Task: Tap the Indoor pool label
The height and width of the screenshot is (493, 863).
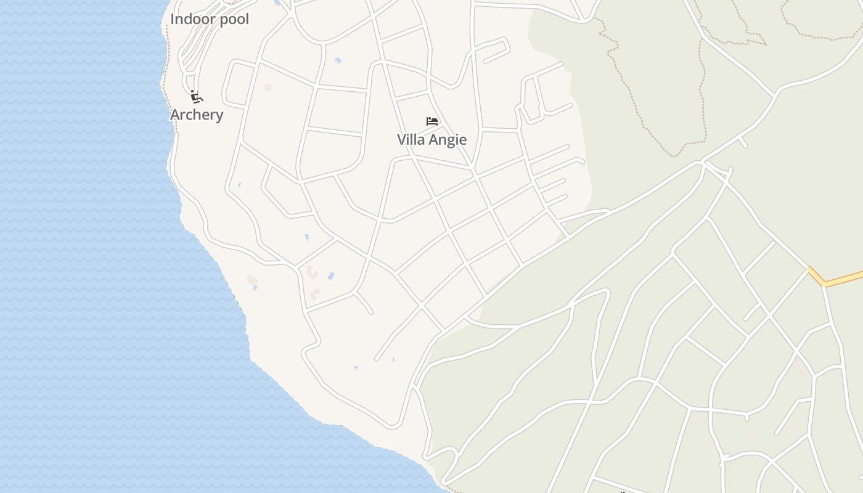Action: click(210, 19)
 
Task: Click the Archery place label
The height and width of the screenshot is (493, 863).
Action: click(197, 115)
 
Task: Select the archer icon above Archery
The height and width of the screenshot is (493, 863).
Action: click(197, 97)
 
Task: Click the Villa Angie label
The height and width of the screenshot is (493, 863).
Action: click(431, 140)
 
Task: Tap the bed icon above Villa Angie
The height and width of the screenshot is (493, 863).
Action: click(432, 121)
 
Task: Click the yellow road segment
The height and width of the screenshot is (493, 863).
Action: click(845, 279)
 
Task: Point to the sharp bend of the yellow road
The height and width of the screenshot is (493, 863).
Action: click(824, 284)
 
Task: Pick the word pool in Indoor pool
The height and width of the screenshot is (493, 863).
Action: click(234, 19)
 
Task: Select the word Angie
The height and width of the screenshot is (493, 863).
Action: click(448, 140)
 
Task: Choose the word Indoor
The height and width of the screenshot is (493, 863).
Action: click(193, 19)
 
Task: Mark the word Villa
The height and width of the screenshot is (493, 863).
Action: click(411, 140)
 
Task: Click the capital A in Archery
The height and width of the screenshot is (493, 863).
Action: click(175, 115)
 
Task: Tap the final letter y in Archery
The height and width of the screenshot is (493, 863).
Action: click(219, 116)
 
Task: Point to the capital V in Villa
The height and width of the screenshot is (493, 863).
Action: click(402, 140)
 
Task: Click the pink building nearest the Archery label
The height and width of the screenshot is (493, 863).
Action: click(268, 88)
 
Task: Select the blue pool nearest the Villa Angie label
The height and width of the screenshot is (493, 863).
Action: click(337, 60)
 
